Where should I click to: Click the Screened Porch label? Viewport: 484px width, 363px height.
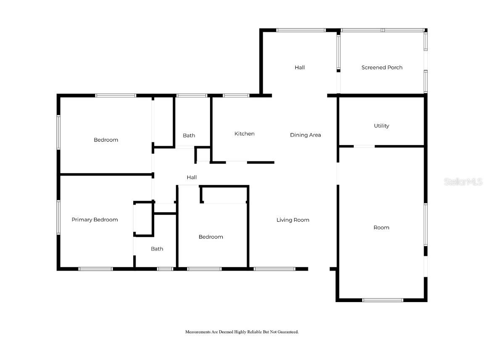[x=382, y=67]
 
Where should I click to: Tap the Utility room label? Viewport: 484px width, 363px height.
[x=381, y=126]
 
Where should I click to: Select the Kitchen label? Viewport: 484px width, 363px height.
[x=245, y=134]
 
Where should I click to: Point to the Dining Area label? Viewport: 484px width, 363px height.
[x=305, y=135]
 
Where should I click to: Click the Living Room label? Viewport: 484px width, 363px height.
[x=293, y=220]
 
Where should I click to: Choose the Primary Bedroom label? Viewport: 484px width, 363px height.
[x=95, y=219]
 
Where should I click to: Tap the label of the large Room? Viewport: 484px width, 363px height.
[x=381, y=227]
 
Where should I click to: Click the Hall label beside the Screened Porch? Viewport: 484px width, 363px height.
[x=300, y=67]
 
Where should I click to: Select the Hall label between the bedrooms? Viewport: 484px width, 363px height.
[x=192, y=177]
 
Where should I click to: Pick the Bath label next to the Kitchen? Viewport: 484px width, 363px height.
[x=189, y=136]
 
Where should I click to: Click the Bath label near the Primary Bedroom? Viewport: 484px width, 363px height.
[x=157, y=249]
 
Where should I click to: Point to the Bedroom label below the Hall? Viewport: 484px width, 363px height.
[x=211, y=237]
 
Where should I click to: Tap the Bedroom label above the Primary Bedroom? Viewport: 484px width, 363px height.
[x=106, y=140]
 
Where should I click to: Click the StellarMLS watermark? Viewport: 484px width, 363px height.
[x=463, y=181]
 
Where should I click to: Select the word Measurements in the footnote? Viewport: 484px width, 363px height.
[x=198, y=332]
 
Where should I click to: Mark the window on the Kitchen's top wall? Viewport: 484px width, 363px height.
[x=236, y=96]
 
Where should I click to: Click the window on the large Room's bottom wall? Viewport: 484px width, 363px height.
[x=383, y=300]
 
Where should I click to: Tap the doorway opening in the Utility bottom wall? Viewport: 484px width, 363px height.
[x=364, y=146]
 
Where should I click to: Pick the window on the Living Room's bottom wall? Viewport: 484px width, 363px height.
[x=274, y=269]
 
